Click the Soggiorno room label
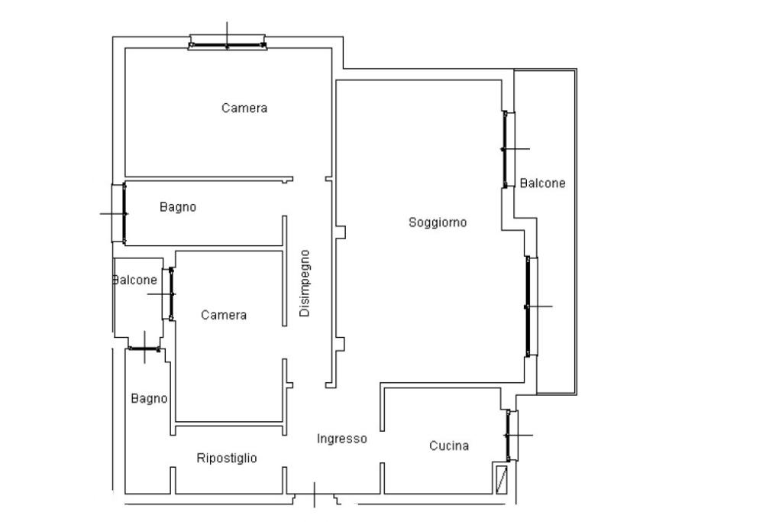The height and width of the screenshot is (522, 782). click(438, 222)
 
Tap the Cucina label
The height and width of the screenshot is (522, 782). click(449, 446)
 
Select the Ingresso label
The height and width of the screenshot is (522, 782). click(342, 439)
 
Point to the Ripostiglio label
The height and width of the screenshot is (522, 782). click(227, 458)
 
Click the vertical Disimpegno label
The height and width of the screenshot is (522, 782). click(304, 284)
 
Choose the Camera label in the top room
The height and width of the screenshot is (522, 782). click(244, 108)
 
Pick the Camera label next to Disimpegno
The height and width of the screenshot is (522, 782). click(224, 315)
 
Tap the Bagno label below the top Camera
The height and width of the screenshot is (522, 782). click(178, 207)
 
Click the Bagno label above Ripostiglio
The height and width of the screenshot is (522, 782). click(149, 399)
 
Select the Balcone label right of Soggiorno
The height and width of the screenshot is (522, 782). click(543, 183)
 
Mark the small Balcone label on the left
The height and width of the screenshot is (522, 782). click(135, 280)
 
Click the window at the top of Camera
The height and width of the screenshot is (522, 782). click(228, 43)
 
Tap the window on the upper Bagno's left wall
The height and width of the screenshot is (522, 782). click(118, 213)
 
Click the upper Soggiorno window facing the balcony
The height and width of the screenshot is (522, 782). click(508, 149)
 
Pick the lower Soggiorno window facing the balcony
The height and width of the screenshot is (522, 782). click(532, 306)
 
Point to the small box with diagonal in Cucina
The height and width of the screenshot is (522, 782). click(501, 478)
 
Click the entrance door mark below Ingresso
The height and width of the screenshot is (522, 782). click(315, 495)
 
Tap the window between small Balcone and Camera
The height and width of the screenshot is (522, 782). click(169, 294)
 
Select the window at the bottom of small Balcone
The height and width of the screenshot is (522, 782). click(144, 349)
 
